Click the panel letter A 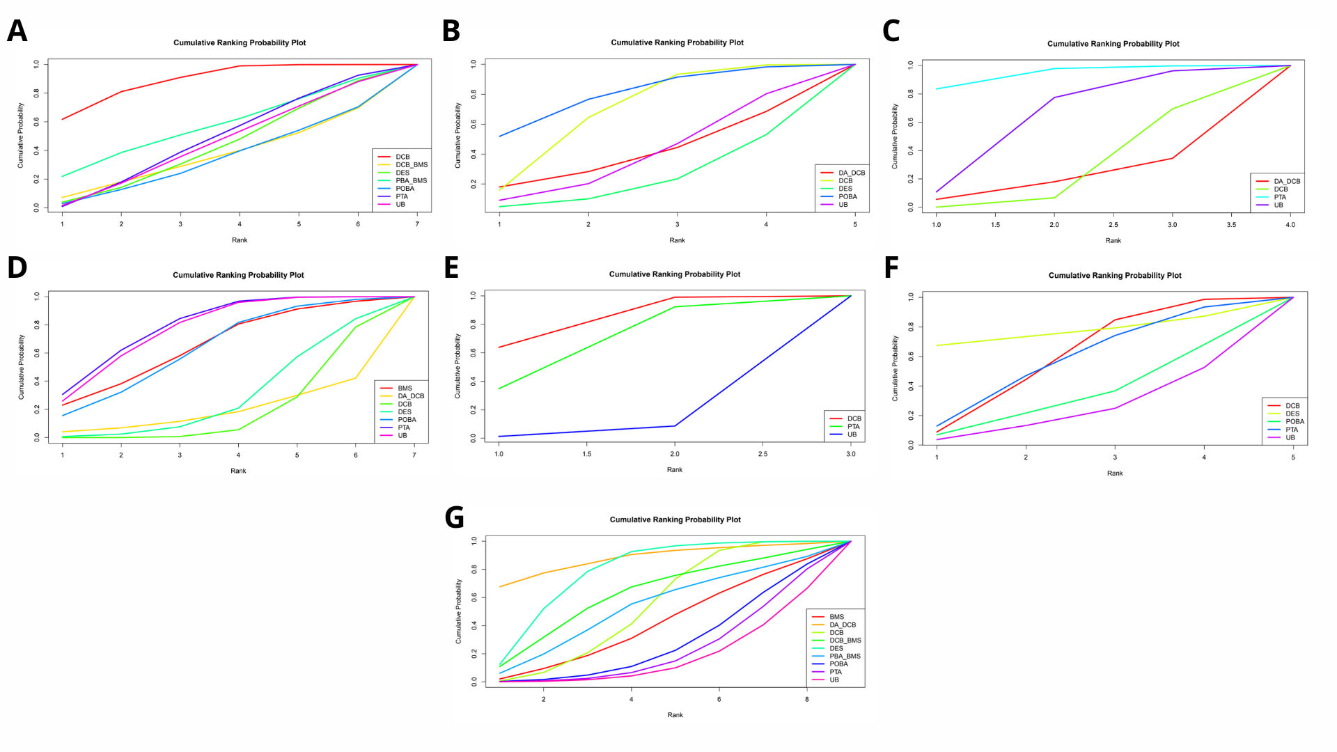click(x=17, y=31)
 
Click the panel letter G click(x=454, y=518)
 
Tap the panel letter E click(x=451, y=268)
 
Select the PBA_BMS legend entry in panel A click(x=411, y=181)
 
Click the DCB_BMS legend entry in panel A click(x=411, y=165)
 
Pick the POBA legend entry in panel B click(x=847, y=197)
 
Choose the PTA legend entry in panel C click(x=1280, y=198)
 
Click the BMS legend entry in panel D click(x=405, y=389)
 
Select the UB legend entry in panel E click(x=852, y=434)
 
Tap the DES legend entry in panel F click(x=1292, y=414)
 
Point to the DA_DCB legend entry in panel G click(x=842, y=625)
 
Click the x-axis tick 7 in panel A click(x=417, y=224)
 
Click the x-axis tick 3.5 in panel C click(x=1231, y=225)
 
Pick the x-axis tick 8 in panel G click(x=807, y=699)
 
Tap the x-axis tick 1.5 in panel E click(x=587, y=454)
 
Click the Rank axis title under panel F click(x=1115, y=473)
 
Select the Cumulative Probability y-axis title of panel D click(x=21, y=367)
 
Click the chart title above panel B click(x=677, y=42)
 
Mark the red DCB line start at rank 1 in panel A click(x=63, y=119)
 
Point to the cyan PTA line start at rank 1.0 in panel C click(x=937, y=89)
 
